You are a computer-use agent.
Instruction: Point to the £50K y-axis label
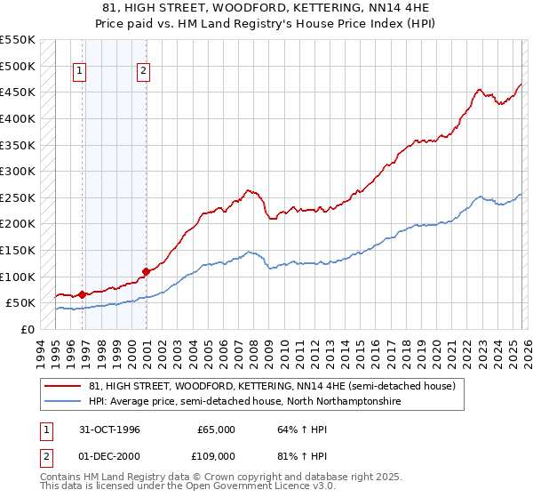click(x=19, y=303)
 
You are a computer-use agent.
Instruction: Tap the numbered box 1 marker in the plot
click(x=80, y=72)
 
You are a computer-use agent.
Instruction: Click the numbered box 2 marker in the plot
click(x=143, y=72)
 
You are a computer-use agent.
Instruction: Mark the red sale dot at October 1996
click(x=82, y=294)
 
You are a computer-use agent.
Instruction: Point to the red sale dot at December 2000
click(x=146, y=271)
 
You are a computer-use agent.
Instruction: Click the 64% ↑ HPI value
click(x=292, y=430)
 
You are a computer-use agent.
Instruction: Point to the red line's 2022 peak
click(x=479, y=89)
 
